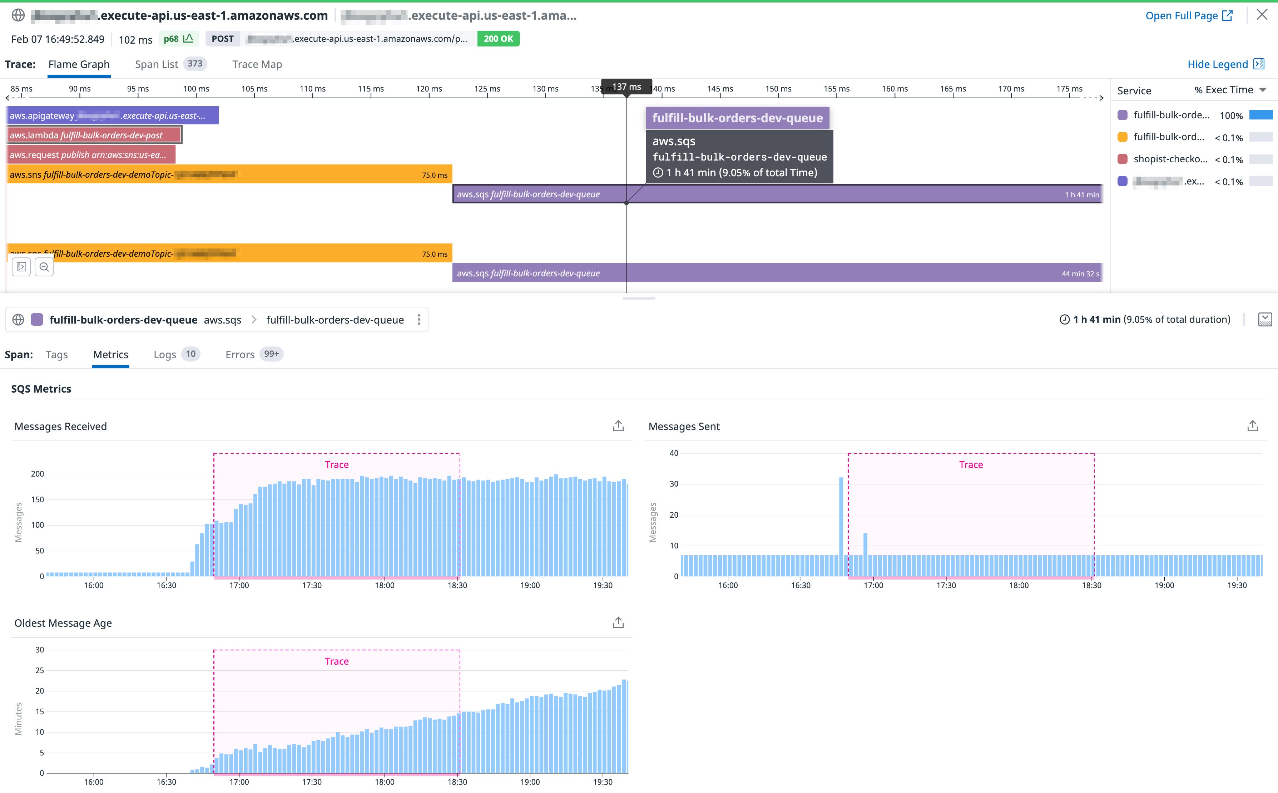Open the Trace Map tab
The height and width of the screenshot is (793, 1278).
[x=257, y=64]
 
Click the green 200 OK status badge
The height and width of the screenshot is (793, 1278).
[x=498, y=39]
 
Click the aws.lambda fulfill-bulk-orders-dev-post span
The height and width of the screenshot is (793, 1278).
[x=94, y=135]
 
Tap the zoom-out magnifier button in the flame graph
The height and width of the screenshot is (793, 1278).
[x=44, y=267]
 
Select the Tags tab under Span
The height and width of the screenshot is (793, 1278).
[x=56, y=355]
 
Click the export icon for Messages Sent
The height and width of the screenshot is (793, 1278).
[x=1252, y=426]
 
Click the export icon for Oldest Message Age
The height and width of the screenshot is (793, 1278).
[x=618, y=622]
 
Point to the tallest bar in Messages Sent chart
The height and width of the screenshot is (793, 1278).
[x=841, y=524]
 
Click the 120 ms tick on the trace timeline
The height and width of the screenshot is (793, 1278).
[x=429, y=89]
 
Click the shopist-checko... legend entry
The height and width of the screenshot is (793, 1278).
[x=1170, y=159]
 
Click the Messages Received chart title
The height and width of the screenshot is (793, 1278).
[x=61, y=427]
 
